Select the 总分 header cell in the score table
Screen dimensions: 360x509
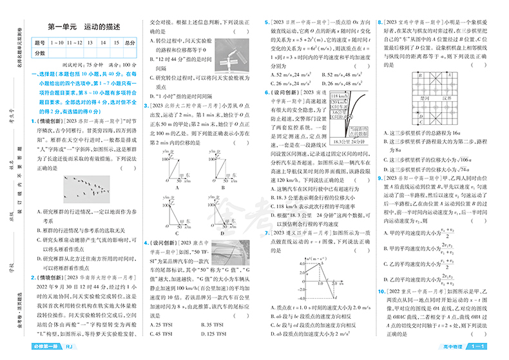pos(130,43)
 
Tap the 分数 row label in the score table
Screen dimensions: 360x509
pos(40,53)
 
